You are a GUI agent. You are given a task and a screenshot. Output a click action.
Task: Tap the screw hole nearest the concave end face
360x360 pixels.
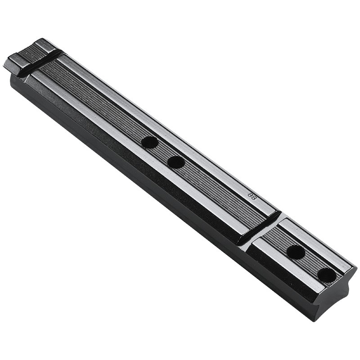pos(327,274)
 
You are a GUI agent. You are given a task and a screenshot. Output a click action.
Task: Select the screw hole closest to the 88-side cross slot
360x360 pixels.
pos(296,252)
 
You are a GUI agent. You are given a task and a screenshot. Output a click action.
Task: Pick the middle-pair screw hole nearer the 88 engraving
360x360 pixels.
pos(176,162)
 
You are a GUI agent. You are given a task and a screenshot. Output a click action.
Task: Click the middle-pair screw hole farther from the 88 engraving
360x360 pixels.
pos(149,142)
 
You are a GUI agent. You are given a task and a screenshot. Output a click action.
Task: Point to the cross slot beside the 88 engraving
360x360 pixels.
pos(260,228)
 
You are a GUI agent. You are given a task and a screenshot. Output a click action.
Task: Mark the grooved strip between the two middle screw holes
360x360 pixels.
pos(163,152)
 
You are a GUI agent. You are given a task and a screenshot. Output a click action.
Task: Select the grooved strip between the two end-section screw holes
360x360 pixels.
pos(311,263)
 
